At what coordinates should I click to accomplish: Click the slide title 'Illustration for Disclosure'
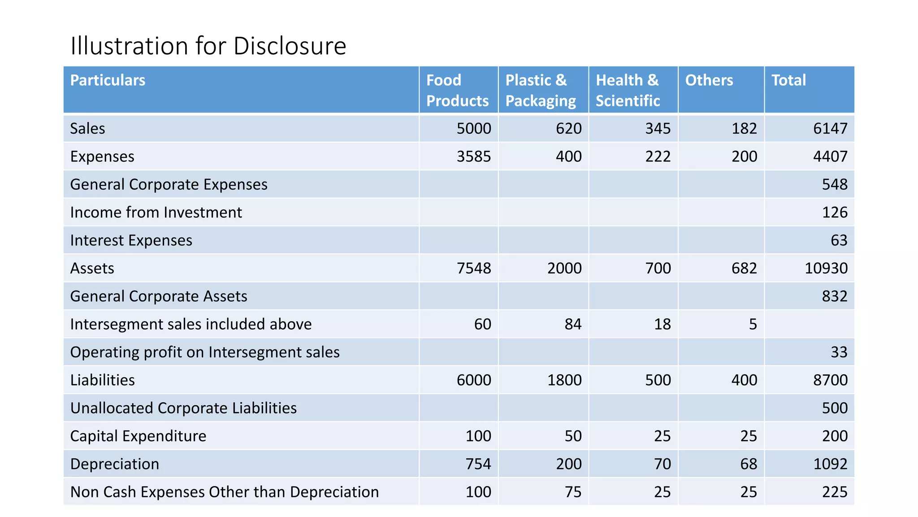(208, 46)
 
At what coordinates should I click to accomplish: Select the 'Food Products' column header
(457, 90)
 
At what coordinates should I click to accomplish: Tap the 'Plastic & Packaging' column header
(541, 90)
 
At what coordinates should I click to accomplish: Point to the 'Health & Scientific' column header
(628, 90)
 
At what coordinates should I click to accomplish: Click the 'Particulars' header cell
(108, 80)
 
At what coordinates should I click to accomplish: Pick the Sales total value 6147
(830, 129)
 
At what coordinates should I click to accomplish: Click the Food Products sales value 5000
(474, 129)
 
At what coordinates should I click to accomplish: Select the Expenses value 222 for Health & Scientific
(658, 157)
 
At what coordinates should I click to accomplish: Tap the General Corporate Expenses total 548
(834, 184)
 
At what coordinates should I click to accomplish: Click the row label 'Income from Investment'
(156, 212)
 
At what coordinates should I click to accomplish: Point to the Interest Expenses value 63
(839, 241)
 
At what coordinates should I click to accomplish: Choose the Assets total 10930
(826, 268)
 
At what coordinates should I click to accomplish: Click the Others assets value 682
(744, 268)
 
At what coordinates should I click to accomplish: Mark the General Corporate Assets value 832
(834, 296)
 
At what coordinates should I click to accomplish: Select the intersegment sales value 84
(573, 324)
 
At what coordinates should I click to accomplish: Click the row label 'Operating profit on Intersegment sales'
(205, 352)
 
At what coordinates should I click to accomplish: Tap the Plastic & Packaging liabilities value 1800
(564, 380)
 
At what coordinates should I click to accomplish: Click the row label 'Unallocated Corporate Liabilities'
(183, 408)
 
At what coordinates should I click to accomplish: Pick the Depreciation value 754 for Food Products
(478, 464)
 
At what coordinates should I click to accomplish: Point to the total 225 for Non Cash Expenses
(834, 492)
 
